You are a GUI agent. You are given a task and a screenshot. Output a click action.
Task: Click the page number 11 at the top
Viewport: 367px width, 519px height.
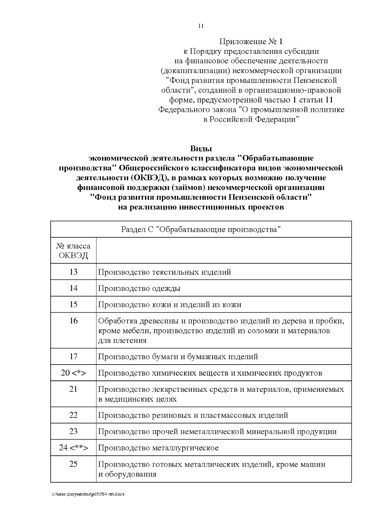pos(201,26)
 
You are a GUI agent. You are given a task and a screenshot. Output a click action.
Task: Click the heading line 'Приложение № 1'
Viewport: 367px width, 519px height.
pos(251,41)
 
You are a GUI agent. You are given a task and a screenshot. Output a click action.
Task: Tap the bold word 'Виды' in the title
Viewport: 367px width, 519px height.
pos(201,149)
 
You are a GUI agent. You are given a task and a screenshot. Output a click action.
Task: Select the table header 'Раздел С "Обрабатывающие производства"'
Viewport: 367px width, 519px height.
pos(201,229)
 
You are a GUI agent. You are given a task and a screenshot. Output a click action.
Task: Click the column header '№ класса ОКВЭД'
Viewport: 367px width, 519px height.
pos(73,250)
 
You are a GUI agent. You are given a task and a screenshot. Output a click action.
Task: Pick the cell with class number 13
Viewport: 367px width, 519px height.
pos(73,272)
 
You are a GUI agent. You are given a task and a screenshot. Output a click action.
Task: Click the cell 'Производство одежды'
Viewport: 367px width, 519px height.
pos(139,288)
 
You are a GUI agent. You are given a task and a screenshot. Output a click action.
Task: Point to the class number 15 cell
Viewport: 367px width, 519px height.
pos(73,304)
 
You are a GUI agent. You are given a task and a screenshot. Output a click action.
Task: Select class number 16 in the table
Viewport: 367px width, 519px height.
pos(73,321)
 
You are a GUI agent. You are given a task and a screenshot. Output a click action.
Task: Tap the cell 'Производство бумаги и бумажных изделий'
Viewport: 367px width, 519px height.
pos(178,357)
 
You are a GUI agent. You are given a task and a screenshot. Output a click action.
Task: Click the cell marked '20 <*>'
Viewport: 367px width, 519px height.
pos(73,373)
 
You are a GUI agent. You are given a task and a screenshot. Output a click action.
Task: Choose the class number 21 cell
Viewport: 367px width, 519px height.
pos(73,389)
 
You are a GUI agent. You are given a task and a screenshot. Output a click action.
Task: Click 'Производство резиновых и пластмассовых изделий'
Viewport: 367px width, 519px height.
pos(193,415)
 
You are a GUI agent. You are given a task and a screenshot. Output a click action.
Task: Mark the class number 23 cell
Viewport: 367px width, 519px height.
pos(73,432)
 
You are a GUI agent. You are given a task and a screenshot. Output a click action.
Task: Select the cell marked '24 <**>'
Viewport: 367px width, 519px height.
pos(73,448)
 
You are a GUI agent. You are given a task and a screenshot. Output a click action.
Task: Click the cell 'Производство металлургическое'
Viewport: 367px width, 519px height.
pos(158,448)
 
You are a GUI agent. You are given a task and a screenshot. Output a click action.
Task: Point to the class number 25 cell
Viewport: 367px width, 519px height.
pos(73,464)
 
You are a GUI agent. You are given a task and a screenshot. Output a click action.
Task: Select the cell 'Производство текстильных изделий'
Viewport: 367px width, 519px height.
pos(165,272)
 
